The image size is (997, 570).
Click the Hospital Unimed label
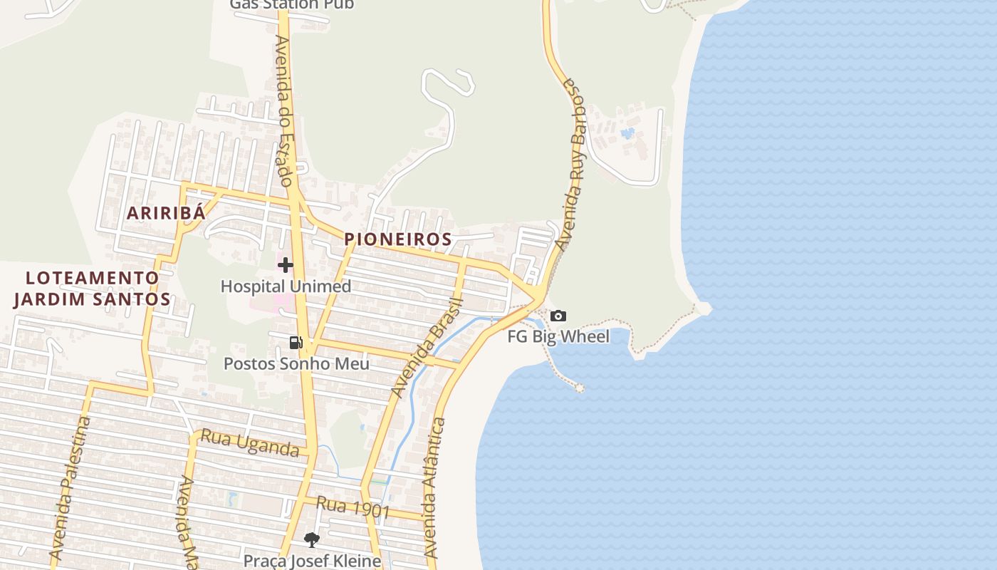[x=286, y=286]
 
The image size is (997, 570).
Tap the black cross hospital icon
[x=286, y=265]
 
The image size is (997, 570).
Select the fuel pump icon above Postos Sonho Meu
[x=296, y=343]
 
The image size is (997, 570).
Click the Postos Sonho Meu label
[x=296, y=364]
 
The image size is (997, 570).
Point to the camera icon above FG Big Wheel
[x=558, y=316]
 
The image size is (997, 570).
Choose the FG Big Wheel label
[x=558, y=336]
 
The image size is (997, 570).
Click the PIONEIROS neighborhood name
[x=398, y=239]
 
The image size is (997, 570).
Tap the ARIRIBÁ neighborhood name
[x=166, y=212]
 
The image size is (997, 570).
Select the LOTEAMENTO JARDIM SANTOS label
[x=93, y=288]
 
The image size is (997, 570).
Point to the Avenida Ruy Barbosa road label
[x=573, y=164]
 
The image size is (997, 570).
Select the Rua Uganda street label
[x=249, y=443]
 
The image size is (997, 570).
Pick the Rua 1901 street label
[x=353, y=507]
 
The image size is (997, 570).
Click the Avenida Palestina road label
[x=71, y=488]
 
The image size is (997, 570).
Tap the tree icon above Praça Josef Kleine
[x=311, y=539]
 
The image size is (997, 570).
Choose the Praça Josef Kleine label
[x=312, y=561]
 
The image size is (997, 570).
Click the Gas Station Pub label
[x=291, y=4]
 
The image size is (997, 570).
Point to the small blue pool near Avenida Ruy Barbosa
[x=627, y=133]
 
